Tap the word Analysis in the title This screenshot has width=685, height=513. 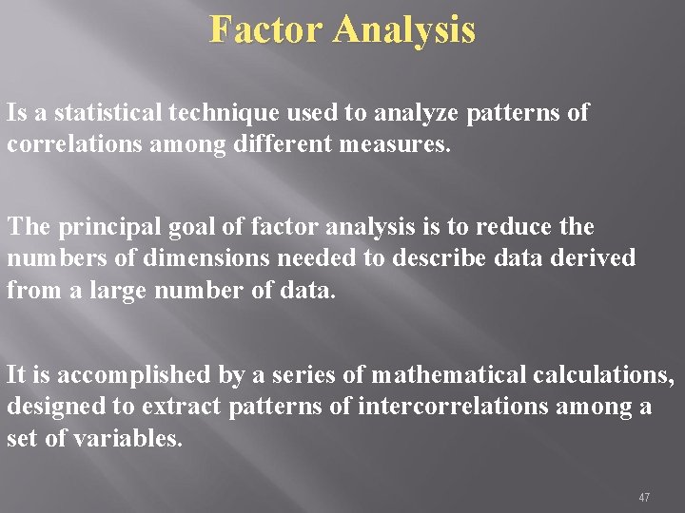pyautogui.click(x=404, y=30)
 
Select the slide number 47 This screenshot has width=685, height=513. pyautogui.click(x=644, y=497)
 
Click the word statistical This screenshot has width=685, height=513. pyautogui.click(x=108, y=113)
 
